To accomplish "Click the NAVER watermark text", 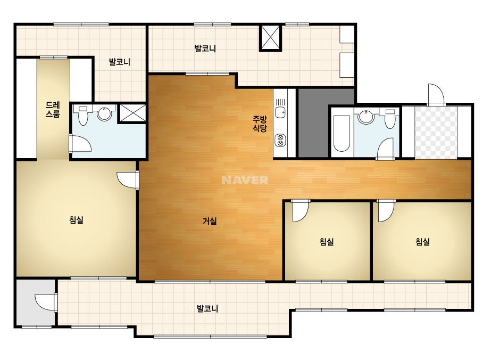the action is click(x=245, y=180).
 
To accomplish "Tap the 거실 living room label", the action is click(x=210, y=221).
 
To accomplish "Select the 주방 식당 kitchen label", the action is click(x=260, y=124).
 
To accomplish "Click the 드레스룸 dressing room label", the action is click(x=53, y=110).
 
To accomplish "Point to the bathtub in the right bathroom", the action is click(x=342, y=134).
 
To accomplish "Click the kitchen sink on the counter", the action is click(x=280, y=112).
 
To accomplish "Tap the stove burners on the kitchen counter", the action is click(x=280, y=140).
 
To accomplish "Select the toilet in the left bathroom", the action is click(x=82, y=115).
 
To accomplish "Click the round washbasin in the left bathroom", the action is click(x=105, y=114).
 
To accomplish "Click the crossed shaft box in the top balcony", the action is click(x=271, y=38).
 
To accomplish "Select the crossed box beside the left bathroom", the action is click(x=132, y=113).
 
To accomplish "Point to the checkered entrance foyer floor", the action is click(x=436, y=132).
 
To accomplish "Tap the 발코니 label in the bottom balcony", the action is click(x=207, y=308).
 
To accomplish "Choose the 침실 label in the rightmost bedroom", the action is click(x=422, y=241).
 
